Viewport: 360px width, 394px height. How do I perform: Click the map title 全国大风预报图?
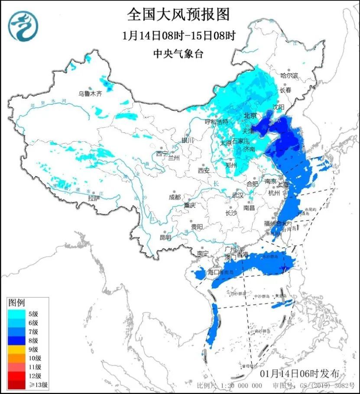[x=178, y=15]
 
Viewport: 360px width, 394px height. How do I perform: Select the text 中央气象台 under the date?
[x=178, y=54]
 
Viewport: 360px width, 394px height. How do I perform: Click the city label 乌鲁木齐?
[x=90, y=94]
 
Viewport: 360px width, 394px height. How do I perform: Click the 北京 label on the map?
[x=250, y=116]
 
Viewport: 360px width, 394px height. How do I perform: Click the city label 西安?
[x=204, y=171]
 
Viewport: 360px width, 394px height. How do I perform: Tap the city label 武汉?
[x=237, y=195]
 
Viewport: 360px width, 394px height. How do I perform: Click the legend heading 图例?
[x=16, y=302]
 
